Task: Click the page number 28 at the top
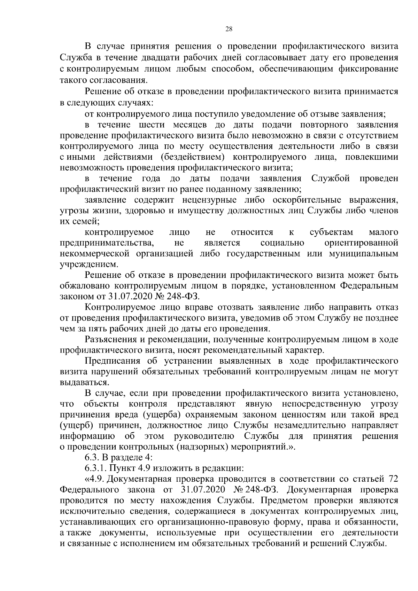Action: click(229, 29)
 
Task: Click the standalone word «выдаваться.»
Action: click(83, 382)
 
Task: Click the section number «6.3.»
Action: click(92, 457)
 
